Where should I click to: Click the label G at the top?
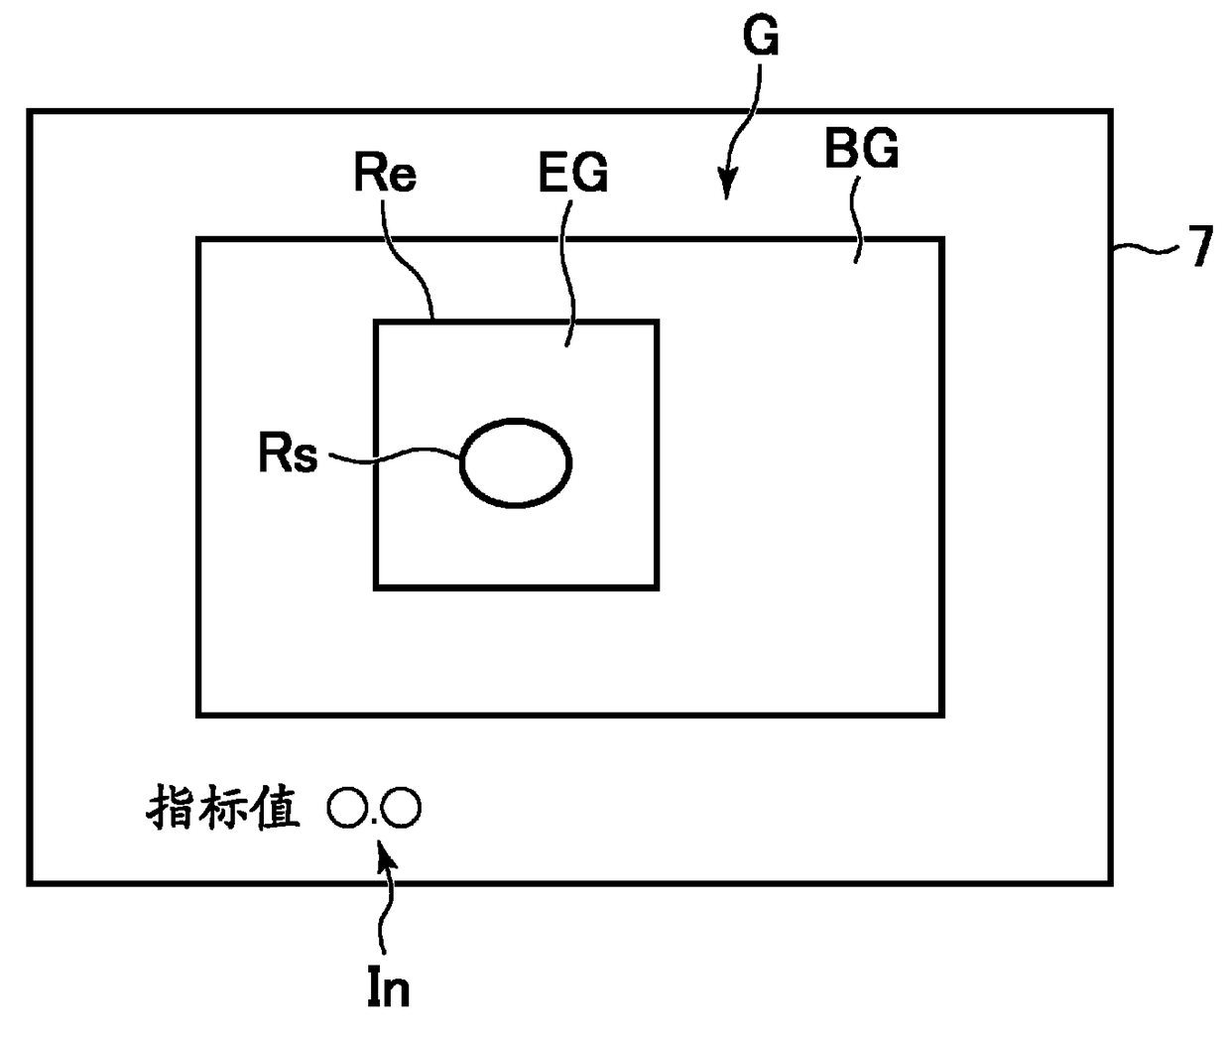(761, 38)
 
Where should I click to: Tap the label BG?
(861, 151)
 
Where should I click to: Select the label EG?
(572, 174)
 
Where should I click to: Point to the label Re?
(385, 174)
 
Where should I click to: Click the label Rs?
(288, 455)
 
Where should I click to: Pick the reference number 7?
(1201, 246)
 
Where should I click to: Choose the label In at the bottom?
(388, 987)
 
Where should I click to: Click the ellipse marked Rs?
(516, 462)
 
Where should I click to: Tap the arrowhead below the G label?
(727, 185)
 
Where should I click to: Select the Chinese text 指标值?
(223, 808)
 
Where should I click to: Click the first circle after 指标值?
(347, 808)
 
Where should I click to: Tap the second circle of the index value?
(401, 808)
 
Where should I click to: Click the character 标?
(223, 808)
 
